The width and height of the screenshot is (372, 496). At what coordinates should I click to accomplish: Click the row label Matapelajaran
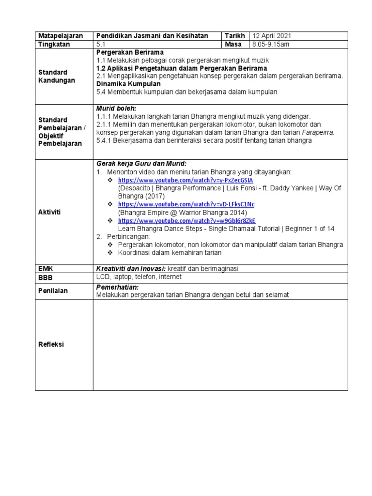[x=61, y=36]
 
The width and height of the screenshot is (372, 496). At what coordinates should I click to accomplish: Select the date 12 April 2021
[x=271, y=36]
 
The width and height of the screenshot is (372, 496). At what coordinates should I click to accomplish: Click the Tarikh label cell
[x=234, y=36]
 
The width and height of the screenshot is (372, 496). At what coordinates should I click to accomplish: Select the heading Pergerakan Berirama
[x=129, y=52]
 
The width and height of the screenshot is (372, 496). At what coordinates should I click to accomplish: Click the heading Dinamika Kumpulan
[x=128, y=84]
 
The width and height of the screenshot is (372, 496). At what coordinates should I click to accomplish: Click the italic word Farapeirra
[x=318, y=132]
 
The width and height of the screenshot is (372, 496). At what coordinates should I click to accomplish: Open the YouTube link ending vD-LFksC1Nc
[x=186, y=204]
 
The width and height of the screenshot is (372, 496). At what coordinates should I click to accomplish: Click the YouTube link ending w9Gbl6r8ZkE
[x=186, y=220]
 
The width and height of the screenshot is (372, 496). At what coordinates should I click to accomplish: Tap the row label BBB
[x=45, y=278]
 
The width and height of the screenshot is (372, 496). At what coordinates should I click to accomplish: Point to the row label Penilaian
[x=53, y=291]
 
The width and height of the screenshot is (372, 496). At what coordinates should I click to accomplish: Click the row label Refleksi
[x=51, y=344]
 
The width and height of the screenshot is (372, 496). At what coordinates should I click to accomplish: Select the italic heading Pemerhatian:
[x=117, y=287]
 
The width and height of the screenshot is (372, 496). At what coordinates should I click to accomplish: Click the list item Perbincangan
[x=129, y=236]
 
